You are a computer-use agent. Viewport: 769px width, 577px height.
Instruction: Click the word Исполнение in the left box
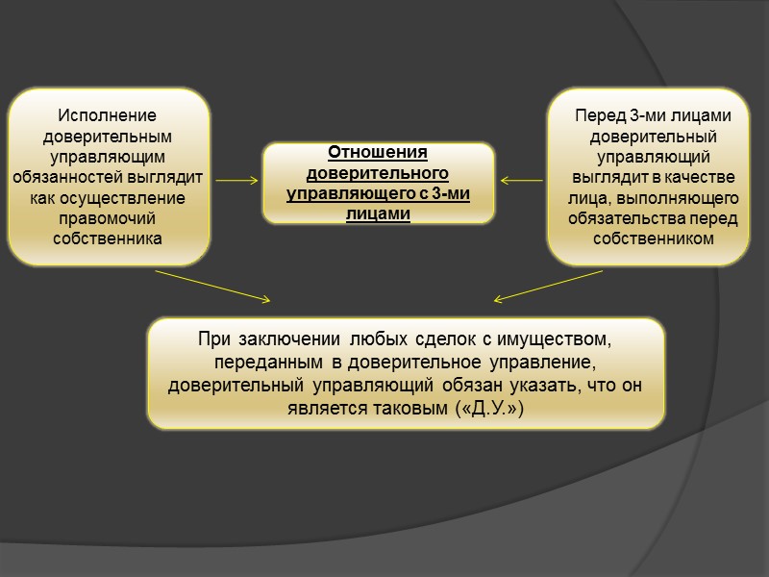(x=107, y=114)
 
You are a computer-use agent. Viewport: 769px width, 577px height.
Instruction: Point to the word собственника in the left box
(x=108, y=238)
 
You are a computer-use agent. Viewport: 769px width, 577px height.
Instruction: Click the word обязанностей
(x=68, y=176)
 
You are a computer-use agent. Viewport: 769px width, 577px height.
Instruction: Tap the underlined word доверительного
(x=378, y=173)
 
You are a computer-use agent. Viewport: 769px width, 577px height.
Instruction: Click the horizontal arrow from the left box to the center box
(x=237, y=180)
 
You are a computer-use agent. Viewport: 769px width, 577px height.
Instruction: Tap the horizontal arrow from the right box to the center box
(x=522, y=180)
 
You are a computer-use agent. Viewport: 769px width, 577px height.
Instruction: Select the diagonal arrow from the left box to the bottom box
(x=213, y=285)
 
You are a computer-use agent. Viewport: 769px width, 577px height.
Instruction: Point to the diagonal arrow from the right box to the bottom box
(x=548, y=285)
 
